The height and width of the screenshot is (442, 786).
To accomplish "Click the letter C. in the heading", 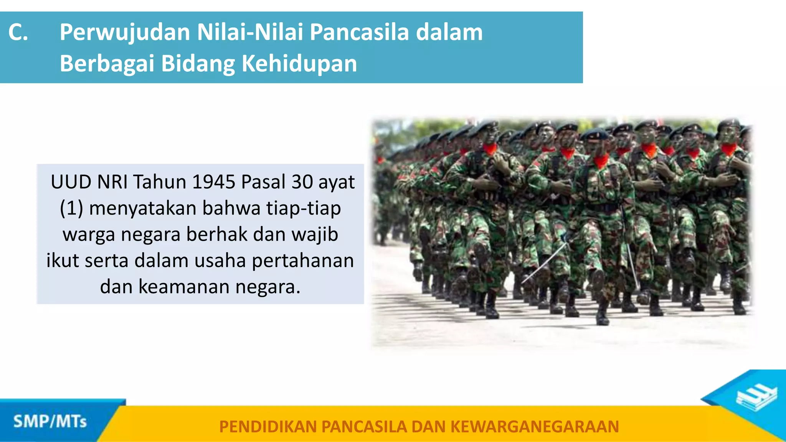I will point(18,32).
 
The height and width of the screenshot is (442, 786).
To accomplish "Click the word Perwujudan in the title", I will point(124,32).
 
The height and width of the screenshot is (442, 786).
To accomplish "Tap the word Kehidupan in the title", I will point(299,64).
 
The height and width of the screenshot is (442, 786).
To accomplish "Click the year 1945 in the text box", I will point(213,182).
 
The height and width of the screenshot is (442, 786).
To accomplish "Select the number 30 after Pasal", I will point(302,182).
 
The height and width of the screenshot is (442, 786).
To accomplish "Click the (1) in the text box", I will point(71,208).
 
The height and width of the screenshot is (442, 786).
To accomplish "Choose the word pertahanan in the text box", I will point(303,261).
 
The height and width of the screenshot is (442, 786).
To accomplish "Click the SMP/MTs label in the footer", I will point(50,422).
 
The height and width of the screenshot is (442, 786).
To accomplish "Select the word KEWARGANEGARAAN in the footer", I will point(535,427).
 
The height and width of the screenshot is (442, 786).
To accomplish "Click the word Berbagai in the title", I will point(107,64).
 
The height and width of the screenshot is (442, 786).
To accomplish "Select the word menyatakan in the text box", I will point(142,208).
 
